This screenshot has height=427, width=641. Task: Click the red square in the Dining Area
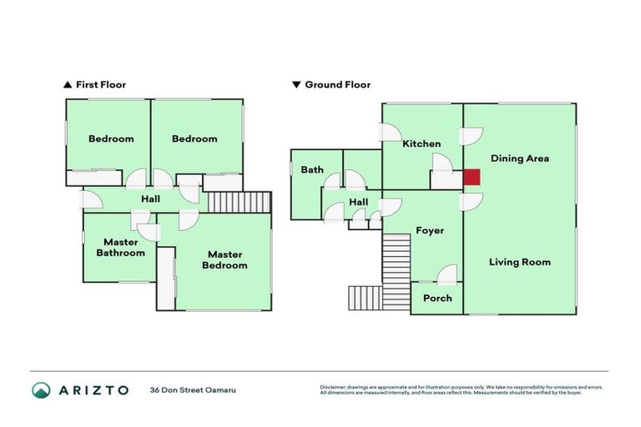click(x=472, y=177)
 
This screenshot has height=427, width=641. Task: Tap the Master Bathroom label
click(x=119, y=248)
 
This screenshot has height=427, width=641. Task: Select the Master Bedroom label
click(x=227, y=259)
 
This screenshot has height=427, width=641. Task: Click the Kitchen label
click(x=421, y=143)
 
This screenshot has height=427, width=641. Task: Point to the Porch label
click(x=437, y=298)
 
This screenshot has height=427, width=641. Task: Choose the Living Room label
click(x=519, y=262)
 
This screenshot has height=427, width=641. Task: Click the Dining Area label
click(x=519, y=158)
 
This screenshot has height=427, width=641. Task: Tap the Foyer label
click(x=430, y=230)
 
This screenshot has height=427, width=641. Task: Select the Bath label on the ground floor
click(x=312, y=169)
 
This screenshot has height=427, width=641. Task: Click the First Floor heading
click(x=100, y=84)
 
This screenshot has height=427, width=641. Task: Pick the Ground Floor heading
click(x=337, y=84)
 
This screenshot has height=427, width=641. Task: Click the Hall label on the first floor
click(x=151, y=199)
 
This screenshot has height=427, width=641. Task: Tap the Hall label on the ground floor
click(x=358, y=202)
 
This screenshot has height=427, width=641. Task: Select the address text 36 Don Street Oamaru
click(x=194, y=389)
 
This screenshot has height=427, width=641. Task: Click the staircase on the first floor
click(x=240, y=203)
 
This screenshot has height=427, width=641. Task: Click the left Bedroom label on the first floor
click(x=111, y=138)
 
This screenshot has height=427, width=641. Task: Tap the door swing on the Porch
click(x=447, y=274)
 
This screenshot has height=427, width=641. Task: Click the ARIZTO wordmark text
click(x=93, y=389)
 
